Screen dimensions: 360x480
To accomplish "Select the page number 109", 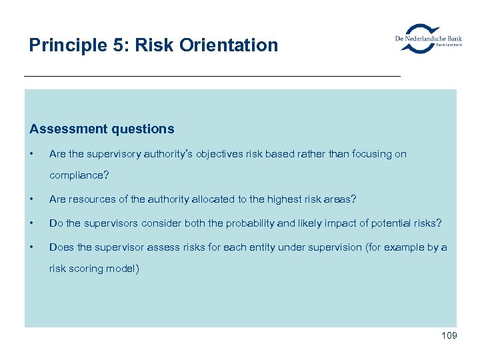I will tap(449, 335).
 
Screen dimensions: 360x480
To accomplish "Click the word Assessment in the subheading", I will tap(67, 129).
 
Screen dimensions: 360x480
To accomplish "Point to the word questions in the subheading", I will tap(141, 129).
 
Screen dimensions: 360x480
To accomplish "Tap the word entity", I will tap(262, 247).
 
